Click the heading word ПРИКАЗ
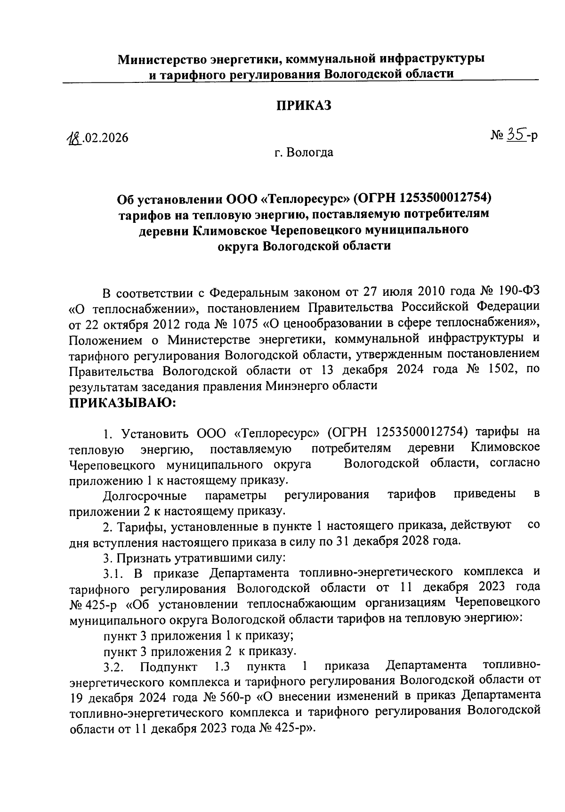click(303, 106)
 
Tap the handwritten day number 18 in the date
click(73, 138)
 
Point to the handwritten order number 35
click(516, 136)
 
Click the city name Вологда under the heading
click(311, 153)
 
